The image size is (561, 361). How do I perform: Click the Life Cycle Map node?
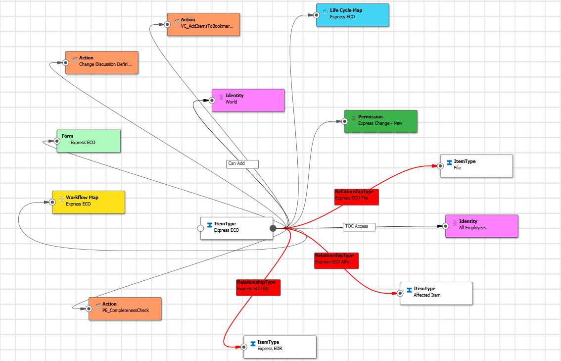353,15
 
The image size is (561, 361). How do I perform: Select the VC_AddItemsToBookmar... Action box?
203,24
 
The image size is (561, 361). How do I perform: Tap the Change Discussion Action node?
102,62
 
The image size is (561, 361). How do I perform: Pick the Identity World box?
248,100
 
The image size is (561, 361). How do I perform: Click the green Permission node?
381,121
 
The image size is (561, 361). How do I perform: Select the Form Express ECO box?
89,141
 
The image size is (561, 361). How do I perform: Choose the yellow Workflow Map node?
89,202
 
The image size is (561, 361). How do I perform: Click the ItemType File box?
476,166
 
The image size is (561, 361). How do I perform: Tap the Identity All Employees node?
481,226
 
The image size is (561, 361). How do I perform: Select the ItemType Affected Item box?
436,293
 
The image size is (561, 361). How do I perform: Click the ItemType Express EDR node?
280,347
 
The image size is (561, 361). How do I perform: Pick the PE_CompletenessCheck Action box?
125,309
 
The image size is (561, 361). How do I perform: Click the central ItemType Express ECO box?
236,228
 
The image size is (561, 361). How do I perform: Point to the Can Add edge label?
242,163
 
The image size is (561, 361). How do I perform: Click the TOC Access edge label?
359,227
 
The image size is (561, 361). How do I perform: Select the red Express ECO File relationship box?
356,197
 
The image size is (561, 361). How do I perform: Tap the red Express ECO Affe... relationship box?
336,260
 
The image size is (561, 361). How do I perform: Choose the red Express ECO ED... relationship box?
258,287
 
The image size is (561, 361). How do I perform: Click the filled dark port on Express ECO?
273,228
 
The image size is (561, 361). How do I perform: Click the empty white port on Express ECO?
200,228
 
